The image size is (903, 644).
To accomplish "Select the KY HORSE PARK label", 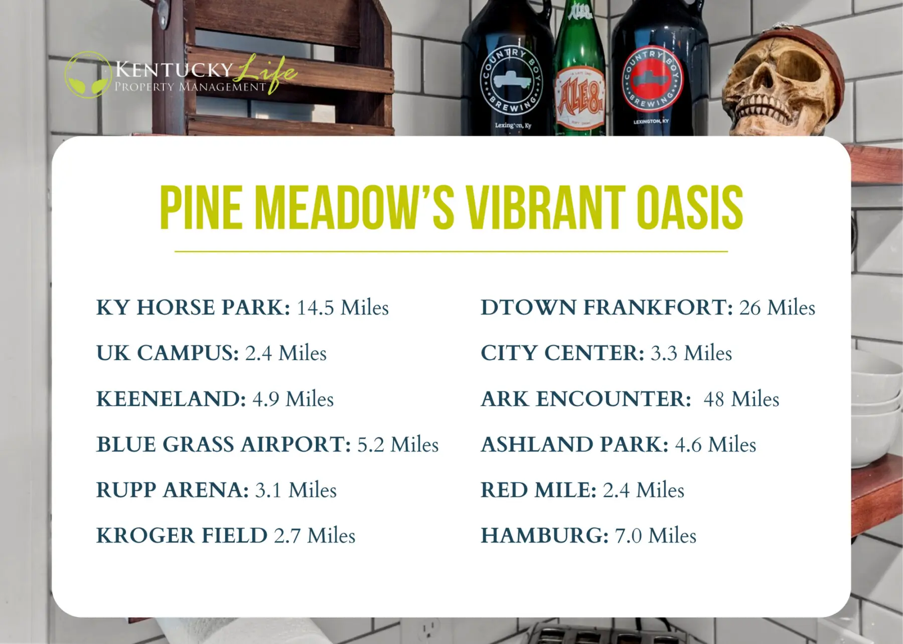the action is [193, 308].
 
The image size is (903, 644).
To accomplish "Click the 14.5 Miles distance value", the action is [343, 308].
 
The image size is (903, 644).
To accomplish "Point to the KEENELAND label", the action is [171, 399].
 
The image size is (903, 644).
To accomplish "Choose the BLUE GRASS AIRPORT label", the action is [224, 445].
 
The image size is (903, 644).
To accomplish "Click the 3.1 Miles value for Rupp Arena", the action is [295, 490].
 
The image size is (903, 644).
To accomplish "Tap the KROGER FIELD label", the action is [182, 536].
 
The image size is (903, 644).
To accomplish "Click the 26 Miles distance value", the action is [777, 308].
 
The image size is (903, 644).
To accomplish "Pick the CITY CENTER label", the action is [562, 353].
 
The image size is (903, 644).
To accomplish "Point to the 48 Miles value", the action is [741, 399].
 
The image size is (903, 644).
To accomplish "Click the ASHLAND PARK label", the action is [574, 445].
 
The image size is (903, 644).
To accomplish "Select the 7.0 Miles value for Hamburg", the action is [655, 536].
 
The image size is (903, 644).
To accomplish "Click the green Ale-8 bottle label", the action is [579, 97].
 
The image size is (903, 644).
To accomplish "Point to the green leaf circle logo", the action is [88, 75].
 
